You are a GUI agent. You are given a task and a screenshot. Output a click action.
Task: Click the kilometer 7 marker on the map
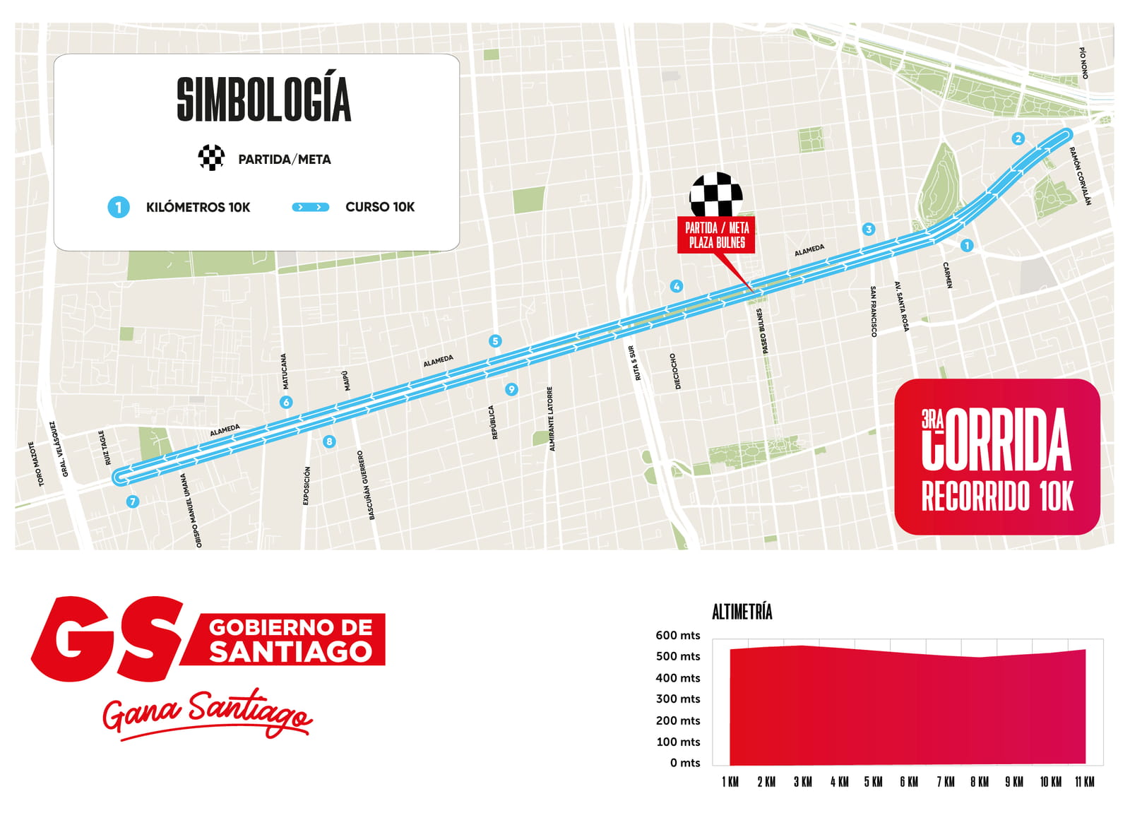coord(132,501)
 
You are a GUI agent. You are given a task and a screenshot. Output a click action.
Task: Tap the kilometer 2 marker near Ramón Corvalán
coord(1018,138)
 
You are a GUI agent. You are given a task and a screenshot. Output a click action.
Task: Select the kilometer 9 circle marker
coord(511,389)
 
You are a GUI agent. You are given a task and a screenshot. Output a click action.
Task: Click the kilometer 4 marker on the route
coord(677,286)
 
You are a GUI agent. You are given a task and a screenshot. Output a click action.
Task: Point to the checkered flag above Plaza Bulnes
coord(716,194)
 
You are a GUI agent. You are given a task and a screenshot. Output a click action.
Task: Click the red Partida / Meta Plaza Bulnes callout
coord(716,235)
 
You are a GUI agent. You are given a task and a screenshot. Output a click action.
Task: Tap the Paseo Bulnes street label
coord(763,331)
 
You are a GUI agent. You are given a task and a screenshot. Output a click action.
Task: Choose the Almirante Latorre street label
coord(551,419)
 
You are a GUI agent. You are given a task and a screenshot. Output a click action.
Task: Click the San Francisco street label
coord(874,311)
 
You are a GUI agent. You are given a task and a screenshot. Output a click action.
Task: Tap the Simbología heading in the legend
coord(263,100)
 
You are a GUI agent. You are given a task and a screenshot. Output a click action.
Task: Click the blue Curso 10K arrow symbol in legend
coord(311,207)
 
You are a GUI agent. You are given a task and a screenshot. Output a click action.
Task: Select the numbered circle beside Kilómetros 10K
coord(119,208)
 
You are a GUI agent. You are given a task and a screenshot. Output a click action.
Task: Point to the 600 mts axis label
coord(677,635)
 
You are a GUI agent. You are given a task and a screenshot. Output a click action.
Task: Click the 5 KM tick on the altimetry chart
coord(873,782)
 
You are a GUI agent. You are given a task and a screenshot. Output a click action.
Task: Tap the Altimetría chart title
coord(742,612)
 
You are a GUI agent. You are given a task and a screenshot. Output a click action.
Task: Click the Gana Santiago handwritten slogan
coord(206,713)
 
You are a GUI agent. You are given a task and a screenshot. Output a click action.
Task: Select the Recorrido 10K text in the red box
coord(997,497)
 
